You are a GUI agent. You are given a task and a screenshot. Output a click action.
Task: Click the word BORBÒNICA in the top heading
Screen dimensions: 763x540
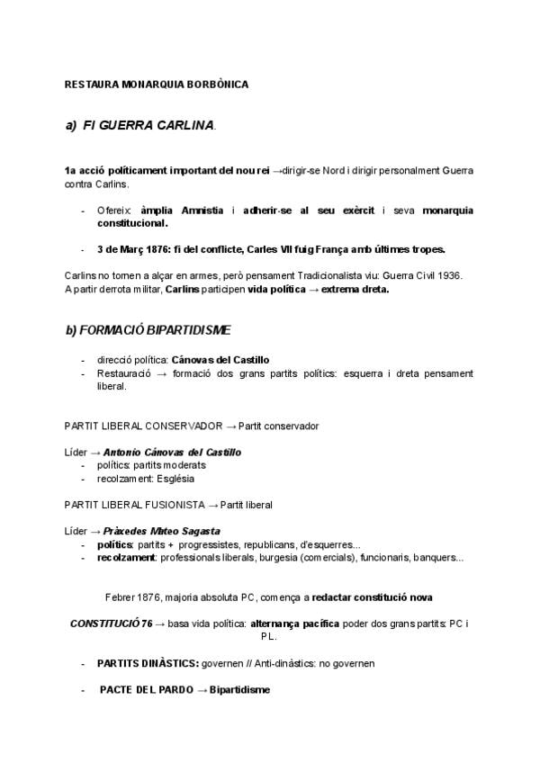point(217,85)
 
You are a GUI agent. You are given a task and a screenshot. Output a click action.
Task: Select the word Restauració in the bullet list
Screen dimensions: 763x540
point(122,373)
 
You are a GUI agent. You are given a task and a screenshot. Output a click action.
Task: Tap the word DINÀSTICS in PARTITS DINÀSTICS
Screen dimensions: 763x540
point(169,663)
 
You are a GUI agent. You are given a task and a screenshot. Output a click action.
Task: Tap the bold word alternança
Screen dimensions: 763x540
point(282,623)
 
